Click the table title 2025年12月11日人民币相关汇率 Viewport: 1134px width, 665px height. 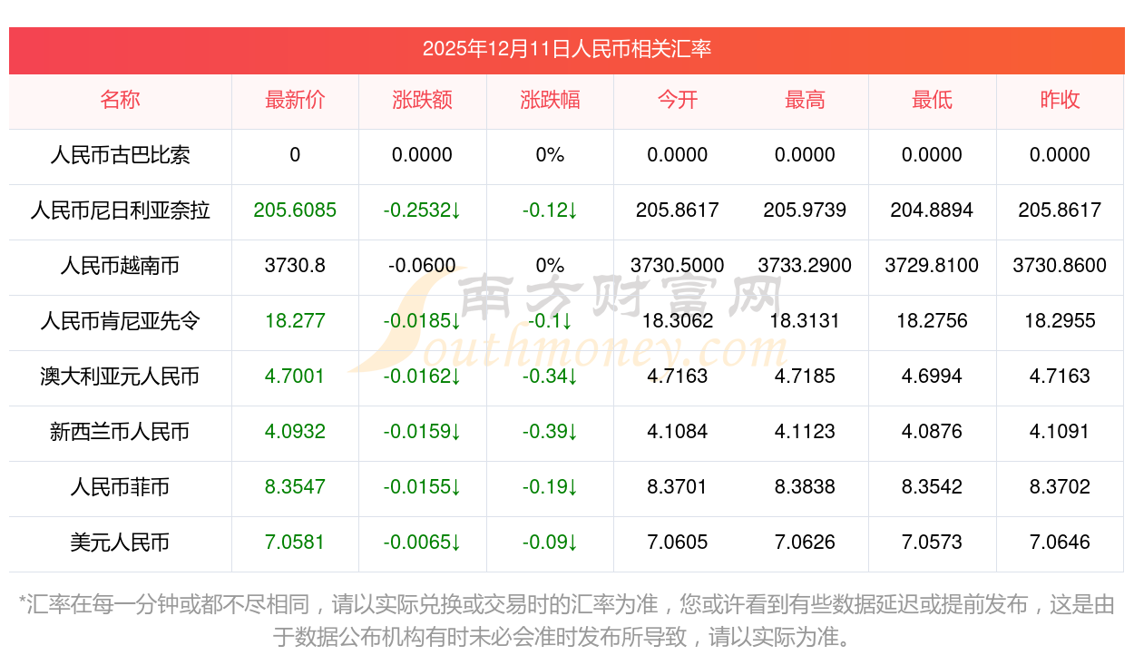pos(566,49)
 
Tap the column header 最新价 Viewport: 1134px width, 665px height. pos(295,101)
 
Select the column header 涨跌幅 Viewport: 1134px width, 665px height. pos(550,101)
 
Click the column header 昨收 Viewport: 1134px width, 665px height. pos(1060,101)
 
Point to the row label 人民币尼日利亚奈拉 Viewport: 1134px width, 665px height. pos(120,210)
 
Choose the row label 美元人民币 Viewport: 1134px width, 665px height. pos(120,543)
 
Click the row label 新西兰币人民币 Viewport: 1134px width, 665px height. pos(120,432)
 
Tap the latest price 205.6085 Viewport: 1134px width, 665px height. pos(295,210)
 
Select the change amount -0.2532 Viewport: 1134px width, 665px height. pos(416,210)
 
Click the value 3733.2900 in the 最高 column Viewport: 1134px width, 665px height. pos(805,266)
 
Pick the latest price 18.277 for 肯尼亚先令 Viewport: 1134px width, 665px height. pos(295,321)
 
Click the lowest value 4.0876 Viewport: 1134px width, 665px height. pos(932,432)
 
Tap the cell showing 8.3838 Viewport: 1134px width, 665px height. pos(805,487)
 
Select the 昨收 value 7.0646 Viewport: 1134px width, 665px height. pos(1060,543)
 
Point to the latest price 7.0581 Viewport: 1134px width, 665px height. pos(295,543)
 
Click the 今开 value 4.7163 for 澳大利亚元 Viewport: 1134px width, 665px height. pos(678,377)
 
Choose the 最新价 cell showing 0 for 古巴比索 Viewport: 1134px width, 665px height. pos(295,155)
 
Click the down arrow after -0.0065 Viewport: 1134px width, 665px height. pos(456,543)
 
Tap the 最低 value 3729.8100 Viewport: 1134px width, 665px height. pos(932,266)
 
